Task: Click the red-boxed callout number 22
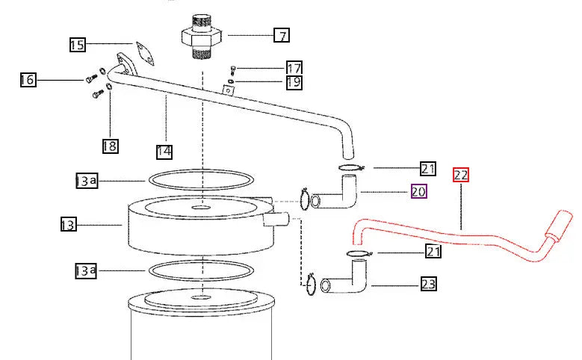coord(461,175)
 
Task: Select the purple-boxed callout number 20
coord(419,191)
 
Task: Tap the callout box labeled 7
coord(282,35)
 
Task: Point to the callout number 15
coord(78,45)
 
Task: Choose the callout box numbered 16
coord(28,80)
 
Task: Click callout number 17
coord(294,68)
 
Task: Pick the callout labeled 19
coord(294,82)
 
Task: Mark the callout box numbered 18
coord(111,146)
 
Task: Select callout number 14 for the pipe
coord(164,152)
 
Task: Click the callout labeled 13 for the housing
coord(69,225)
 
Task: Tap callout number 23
coord(429,284)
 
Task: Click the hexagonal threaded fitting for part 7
coord(202,37)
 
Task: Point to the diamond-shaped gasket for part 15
coord(145,54)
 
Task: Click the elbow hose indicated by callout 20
coord(334,195)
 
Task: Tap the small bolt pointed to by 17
coord(233,69)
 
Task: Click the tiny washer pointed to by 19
coord(231,81)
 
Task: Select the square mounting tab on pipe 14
coord(228,90)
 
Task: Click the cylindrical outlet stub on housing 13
coord(276,219)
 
